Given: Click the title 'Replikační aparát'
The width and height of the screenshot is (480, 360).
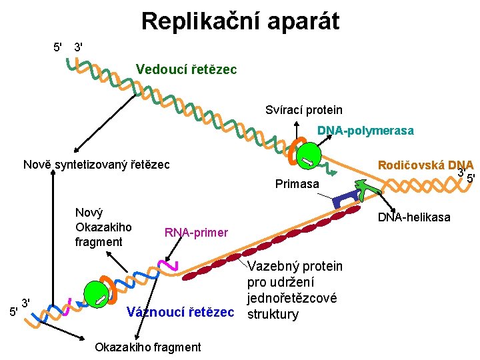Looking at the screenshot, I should (x=240, y=21).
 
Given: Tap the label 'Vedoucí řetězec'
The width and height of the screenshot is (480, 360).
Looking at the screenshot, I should (x=186, y=69).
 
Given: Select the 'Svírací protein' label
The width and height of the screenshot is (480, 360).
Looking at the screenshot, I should (x=303, y=109).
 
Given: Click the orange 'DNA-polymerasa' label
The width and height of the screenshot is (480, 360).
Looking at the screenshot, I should (x=365, y=131).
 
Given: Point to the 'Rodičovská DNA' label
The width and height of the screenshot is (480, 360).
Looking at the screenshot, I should (x=425, y=165).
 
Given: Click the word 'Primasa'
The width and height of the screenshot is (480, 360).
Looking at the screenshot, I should (x=297, y=183).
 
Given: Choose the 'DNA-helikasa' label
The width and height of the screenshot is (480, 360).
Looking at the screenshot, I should (x=414, y=217).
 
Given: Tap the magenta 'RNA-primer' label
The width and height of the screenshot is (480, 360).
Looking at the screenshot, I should (x=196, y=233).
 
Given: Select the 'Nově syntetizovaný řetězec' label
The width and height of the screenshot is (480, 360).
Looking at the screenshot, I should (x=96, y=164).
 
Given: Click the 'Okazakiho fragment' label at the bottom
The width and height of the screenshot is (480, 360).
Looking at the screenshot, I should (x=147, y=347).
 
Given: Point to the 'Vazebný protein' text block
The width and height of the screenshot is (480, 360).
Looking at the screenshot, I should (x=294, y=290).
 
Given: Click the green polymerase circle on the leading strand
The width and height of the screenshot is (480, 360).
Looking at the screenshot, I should (x=309, y=156).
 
